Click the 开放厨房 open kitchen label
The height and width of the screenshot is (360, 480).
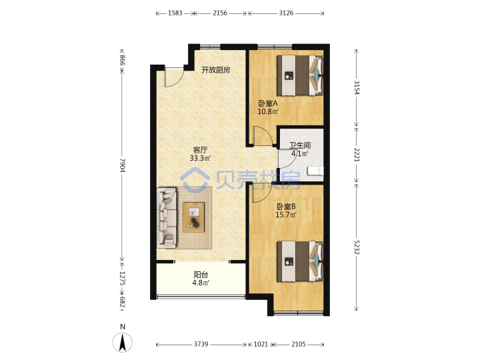(215, 70)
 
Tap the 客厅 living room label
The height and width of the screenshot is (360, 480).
(200, 150)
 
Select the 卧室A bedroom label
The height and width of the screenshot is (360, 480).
(268, 103)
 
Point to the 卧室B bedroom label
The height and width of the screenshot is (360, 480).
(286, 207)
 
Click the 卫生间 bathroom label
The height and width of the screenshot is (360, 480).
(300, 145)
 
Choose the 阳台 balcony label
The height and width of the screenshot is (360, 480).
(201, 275)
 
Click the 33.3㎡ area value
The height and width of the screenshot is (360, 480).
(200, 158)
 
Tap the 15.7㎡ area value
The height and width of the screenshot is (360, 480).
(286, 215)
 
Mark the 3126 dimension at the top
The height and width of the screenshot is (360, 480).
(286, 13)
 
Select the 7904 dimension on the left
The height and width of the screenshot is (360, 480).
(123, 165)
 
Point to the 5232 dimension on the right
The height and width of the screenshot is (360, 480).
(357, 247)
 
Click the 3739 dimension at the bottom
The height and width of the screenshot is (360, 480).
(201, 344)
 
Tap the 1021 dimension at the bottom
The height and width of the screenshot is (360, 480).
(261, 344)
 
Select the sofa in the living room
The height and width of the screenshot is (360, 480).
(167, 217)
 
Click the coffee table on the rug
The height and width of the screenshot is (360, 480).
(193, 217)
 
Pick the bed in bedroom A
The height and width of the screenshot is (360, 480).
(300, 75)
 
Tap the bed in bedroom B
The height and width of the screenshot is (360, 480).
(300, 261)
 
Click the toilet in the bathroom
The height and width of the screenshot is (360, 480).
(315, 171)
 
